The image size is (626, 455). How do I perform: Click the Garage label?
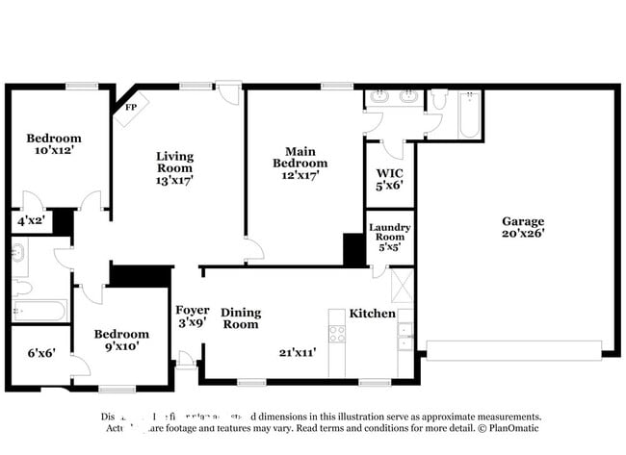522,220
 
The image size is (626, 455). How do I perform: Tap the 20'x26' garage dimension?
522,233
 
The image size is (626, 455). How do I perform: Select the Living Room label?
175,161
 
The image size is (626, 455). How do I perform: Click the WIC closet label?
389,174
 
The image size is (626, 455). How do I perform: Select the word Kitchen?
372,314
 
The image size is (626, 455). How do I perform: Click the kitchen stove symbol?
337,334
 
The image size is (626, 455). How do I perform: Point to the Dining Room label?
241,317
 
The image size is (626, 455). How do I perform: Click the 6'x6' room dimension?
40,353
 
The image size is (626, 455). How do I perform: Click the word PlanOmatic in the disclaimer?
510,428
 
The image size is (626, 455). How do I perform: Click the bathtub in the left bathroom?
39,311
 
